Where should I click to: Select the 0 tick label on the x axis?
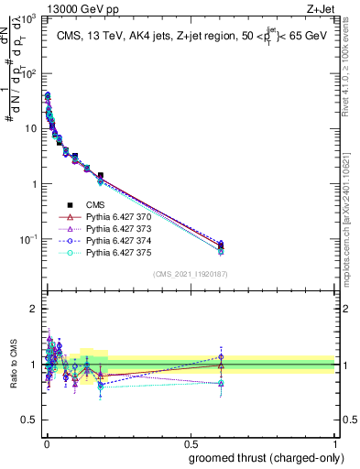click(46, 442)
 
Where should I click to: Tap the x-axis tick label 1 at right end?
click(335, 442)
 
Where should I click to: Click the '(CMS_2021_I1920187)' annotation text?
click(190, 273)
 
